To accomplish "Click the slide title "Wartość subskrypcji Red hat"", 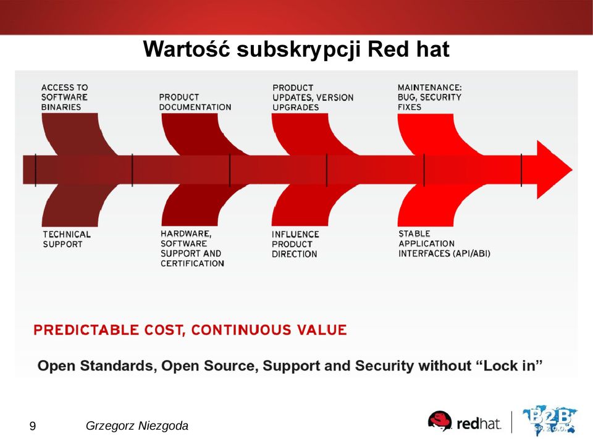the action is tap(296, 49).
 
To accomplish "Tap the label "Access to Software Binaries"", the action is tap(64, 97).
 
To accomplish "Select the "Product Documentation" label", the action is tap(195, 102).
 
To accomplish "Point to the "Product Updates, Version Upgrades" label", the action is tap(313, 98).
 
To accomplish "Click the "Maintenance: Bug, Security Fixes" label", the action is tap(429, 97).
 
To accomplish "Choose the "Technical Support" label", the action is tap(67, 240).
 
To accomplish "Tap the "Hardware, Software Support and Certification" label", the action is tap(192, 248).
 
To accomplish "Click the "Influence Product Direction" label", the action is tap(295, 245).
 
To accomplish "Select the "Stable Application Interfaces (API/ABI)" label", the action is tap(444, 243).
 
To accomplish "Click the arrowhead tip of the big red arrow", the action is tap(572, 170).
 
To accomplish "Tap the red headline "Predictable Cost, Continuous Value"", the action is tap(190, 330).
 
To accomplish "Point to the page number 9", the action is tap(33, 426).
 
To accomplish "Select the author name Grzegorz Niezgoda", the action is tap(137, 426).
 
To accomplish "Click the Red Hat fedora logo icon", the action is tap(440, 420).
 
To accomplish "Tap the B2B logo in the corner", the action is tap(550, 420).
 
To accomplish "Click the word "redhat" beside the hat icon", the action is tap(479, 424).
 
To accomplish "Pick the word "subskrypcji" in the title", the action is tap(298, 50).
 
